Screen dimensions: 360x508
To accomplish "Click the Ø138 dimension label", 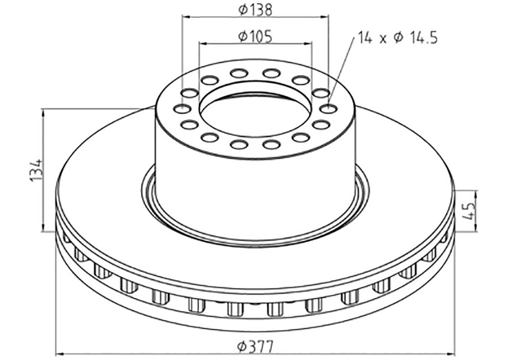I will tap(255, 9).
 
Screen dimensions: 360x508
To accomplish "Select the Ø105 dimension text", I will tap(255, 36).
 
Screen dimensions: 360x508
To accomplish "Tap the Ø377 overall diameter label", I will tap(255, 346).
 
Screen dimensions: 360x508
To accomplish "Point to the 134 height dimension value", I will tap(35, 171).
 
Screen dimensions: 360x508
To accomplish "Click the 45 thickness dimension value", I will tap(470, 211).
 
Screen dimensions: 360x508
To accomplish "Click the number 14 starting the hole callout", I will tap(364, 38).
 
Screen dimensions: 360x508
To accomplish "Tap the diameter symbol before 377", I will tap(242, 347).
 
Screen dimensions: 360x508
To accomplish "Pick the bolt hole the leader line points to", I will tap(329, 109).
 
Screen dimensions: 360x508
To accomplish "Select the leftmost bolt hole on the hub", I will tap(181, 109).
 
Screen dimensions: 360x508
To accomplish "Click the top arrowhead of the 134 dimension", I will tap(43, 113).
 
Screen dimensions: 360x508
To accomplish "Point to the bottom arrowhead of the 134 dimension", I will tap(43, 229).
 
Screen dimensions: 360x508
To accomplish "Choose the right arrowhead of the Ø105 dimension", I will tap(309, 44).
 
